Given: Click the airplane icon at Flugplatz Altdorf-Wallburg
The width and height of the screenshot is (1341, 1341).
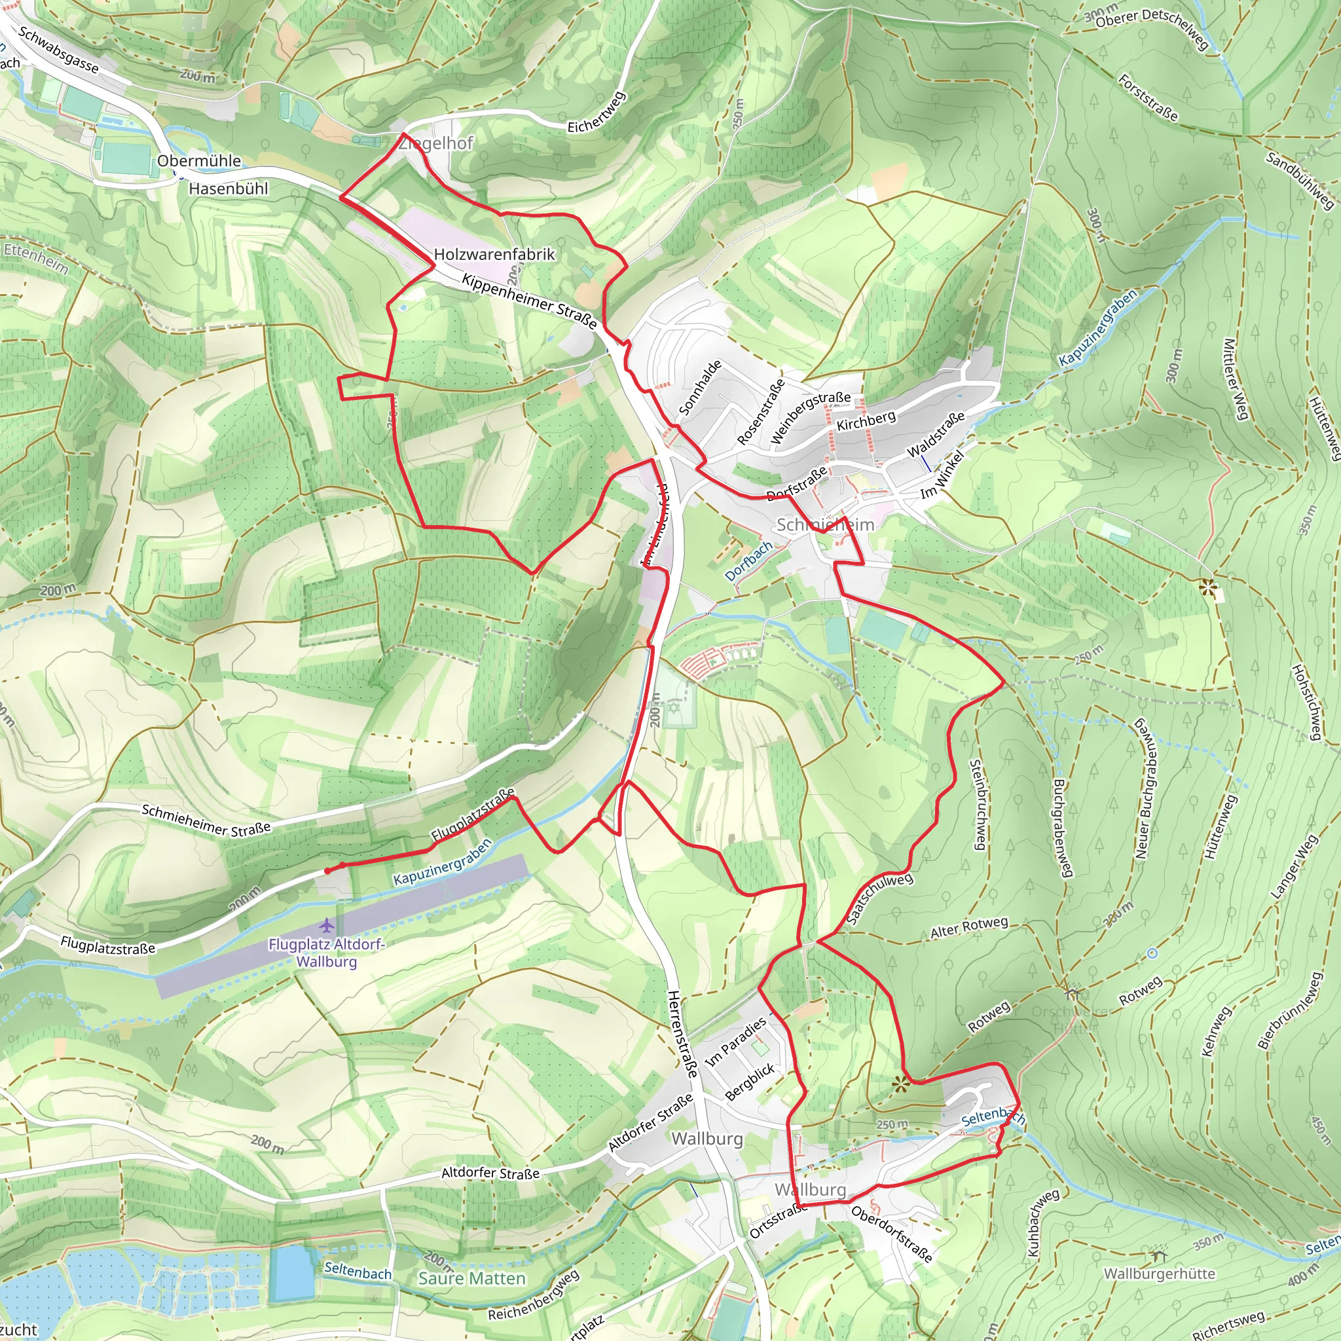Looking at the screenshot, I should click(x=326, y=925).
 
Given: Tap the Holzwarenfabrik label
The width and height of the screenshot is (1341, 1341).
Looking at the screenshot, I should click(x=494, y=254).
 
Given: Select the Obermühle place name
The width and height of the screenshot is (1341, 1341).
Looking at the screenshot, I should click(x=198, y=160).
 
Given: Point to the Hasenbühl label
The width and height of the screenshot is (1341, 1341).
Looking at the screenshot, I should click(x=229, y=188).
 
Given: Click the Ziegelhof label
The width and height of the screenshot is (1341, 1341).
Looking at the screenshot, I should click(x=436, y=143).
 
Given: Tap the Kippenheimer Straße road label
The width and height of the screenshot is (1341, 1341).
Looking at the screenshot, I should click(x=529, y=301).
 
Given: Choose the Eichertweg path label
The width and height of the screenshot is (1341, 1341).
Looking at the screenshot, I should click(x=597, y=113).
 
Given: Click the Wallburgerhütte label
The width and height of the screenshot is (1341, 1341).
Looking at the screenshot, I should click(x=1159, y=1274).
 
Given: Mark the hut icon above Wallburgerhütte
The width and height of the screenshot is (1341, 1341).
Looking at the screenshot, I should click(x=1158, y=1255).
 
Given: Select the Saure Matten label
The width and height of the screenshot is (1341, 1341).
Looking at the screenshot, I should click(x=471, y=1279).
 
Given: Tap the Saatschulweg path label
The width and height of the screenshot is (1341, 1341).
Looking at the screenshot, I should click(x=879, y=899).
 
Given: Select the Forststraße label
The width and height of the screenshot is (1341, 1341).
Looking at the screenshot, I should click(x=1147, y=97).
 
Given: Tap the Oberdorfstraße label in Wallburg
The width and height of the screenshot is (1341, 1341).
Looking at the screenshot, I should click(x=891, y=1234).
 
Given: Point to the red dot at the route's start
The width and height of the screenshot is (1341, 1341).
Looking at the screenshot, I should click(x=327, y=870).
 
